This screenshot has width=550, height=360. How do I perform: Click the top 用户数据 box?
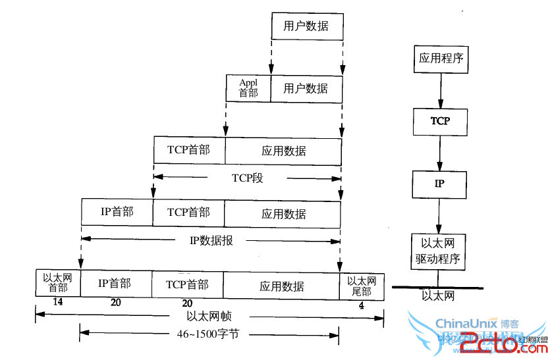306,26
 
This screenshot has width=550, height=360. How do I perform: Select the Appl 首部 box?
248,88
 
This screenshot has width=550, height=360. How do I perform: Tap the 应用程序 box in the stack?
441,59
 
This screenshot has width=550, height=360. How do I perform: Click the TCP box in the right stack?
440,121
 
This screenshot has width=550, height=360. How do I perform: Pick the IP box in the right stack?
440,184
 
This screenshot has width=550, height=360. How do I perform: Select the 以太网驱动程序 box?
440,251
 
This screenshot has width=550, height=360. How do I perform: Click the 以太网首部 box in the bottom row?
58,283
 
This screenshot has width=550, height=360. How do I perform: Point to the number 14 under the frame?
57,302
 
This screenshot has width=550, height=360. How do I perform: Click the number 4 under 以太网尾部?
361,305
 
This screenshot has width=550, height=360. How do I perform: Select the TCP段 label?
247,178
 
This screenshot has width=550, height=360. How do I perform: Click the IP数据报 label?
211,241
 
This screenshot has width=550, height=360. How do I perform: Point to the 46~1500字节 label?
208,334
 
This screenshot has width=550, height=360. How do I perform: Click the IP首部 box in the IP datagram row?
117,212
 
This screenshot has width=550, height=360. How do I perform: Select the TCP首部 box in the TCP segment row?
189,150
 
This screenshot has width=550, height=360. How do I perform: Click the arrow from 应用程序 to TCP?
440,90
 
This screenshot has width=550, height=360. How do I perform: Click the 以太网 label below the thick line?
438,296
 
